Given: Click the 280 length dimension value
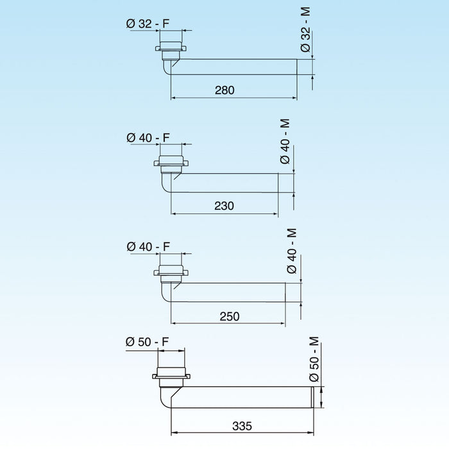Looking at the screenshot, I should (x=225, y=90).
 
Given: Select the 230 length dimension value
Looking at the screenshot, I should (x=224, y=205).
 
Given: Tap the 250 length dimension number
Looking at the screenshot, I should (x=229, y=316).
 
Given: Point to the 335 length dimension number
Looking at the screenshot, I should (x=242, y=426).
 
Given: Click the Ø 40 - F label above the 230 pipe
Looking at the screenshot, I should (x=148, y=137).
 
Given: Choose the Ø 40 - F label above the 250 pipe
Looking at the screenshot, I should (x=148, y=247).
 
